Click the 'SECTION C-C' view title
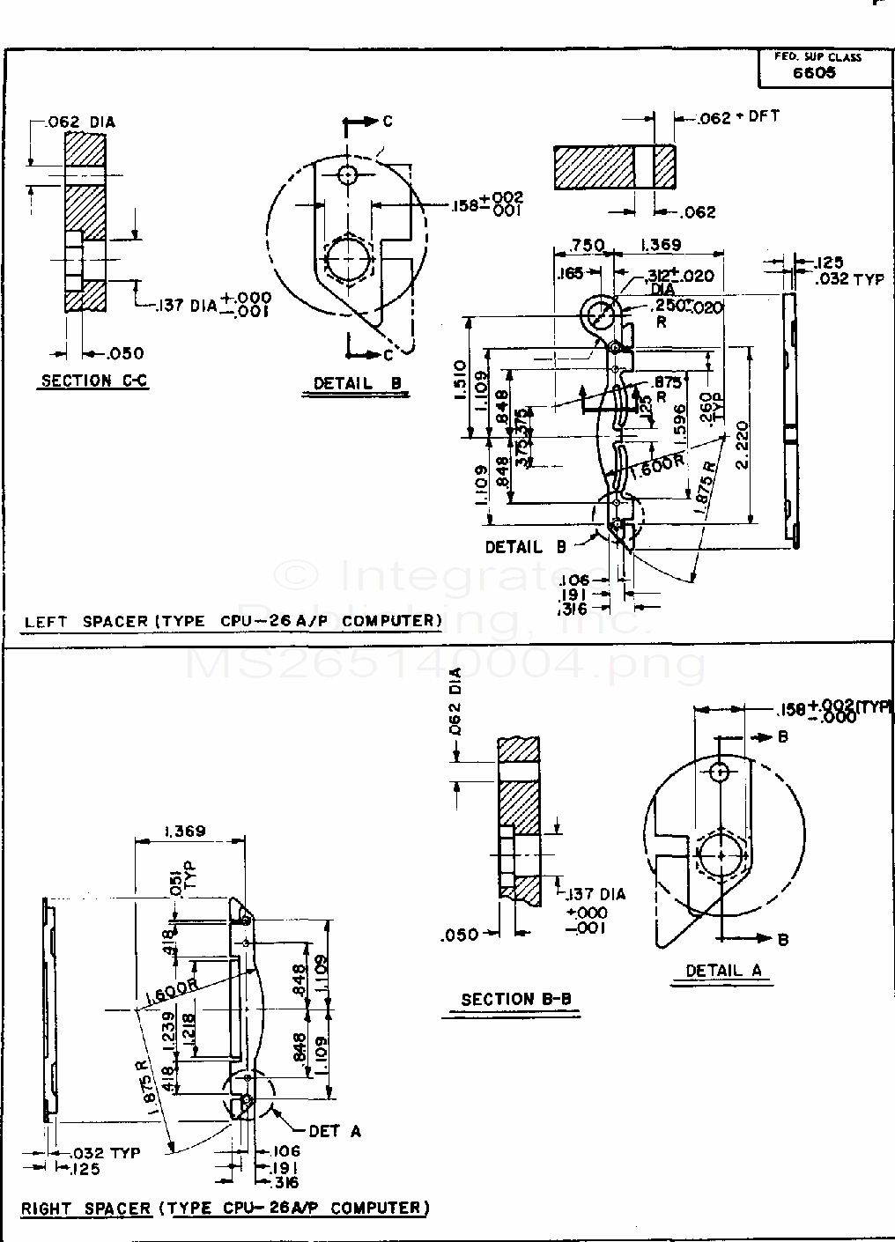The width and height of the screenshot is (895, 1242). [x=94, y=381]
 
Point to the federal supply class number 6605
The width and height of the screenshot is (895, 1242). [x=814, y=73]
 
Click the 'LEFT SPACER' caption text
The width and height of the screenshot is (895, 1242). [x=86, y=621]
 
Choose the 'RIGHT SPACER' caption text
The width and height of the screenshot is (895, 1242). [x=85, y=1208]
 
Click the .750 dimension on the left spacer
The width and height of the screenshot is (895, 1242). [x=588, y=245]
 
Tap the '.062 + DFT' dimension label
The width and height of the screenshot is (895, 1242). [x=738, y=117]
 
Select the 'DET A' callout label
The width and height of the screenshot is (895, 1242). [x=334, y=1131]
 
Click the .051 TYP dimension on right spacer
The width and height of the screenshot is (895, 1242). [x=180, y=882]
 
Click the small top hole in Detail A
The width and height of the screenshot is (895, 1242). [x=720, y=773]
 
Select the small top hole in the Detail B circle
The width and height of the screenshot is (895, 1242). [x=349, y=174]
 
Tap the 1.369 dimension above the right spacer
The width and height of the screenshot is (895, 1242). [x=184, y=831]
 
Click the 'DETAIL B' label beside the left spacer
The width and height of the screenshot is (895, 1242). [x=526, y=547]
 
